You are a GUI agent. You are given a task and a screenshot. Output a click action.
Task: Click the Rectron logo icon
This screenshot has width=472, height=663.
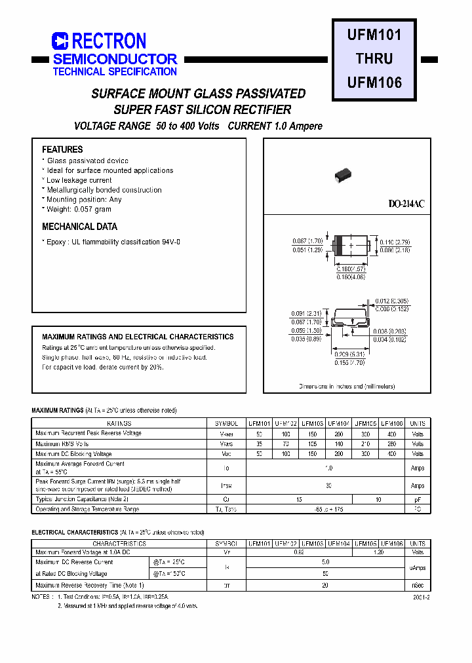tap(60, 41)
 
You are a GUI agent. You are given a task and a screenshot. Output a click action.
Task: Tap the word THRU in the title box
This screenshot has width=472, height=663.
tap(374, 58)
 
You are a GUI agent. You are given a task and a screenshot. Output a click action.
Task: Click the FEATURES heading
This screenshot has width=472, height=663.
tap(62, 149)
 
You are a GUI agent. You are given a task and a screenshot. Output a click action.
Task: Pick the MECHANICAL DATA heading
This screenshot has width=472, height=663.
tap(79, 227)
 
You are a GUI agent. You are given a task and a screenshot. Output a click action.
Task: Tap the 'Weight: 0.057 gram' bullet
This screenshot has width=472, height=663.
tap(79, 209)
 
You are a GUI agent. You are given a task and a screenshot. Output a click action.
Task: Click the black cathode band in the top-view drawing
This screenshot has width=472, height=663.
tap(339, 246)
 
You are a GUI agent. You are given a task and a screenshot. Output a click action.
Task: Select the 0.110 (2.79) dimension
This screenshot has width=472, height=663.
tap(395, 242)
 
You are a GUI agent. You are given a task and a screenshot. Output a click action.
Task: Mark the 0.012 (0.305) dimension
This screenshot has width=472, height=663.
tap(392, 301)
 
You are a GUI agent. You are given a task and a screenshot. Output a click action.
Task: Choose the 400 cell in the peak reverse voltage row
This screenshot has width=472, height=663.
tap(392, 434)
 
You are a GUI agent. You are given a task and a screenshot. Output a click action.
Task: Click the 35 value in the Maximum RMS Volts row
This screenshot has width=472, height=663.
tap(260, 444)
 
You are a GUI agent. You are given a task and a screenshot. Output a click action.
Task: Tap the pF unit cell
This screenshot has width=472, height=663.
tap(418, 499)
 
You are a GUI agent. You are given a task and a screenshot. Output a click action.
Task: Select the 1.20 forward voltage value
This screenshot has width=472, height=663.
tap(379, 553)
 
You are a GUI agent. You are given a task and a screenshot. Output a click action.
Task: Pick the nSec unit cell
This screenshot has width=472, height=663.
tap(418, 585)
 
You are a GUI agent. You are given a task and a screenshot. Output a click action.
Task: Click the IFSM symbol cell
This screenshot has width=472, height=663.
tap(226, 485)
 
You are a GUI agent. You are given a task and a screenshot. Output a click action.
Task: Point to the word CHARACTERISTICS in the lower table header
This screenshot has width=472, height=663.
tap(119, 544)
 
